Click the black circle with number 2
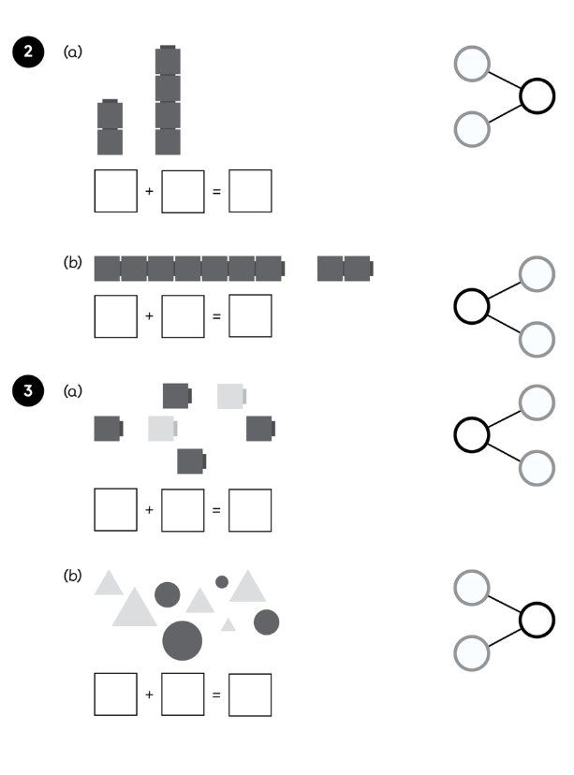pos(28,52)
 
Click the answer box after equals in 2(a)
pos(250,191)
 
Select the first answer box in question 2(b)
pos(115,315)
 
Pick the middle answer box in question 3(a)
pos(183,510)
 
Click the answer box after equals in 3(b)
pos(250,695)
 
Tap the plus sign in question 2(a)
pos(149,192)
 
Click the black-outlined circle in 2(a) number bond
pos(537,96)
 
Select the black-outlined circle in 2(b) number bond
pos(472,306)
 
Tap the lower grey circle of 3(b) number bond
pos(472,652)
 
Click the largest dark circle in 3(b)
pos(183,640)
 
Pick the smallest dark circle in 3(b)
pos(222,582)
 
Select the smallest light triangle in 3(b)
pos(228,624)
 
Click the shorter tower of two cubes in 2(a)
pos(110,127)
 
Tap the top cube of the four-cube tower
pos(168,62)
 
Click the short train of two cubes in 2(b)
pos(345,268)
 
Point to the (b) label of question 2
pos(72,263)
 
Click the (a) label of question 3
pos(72,390)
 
